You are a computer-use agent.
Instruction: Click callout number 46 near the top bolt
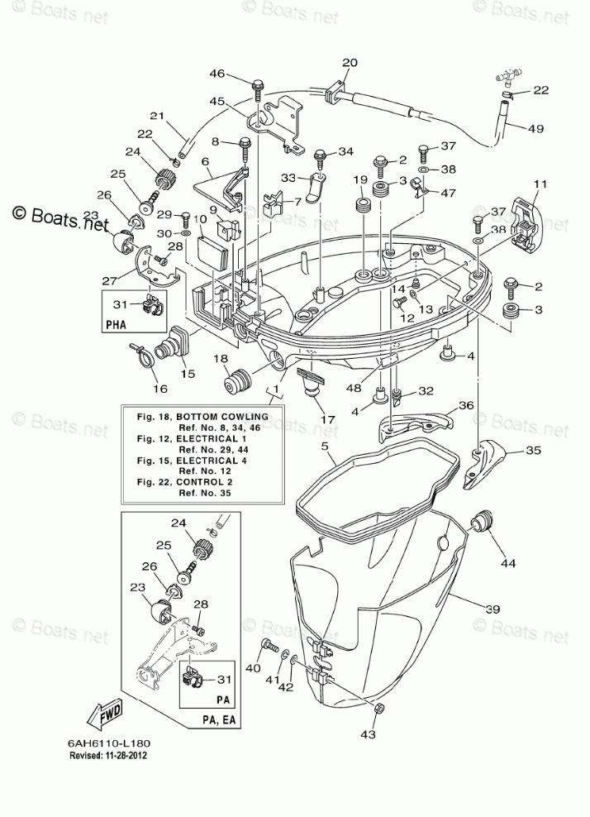pyautogui.click(x=217, y=74)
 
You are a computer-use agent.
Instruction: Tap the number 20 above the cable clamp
pyautogui.click(x=350, y=63)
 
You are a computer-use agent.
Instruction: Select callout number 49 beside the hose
pyautogui.click(x=535, y=127)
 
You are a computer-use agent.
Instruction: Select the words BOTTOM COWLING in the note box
pyautogui.click(x=222, y=417)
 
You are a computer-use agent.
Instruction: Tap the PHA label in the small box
pyautogui.click(x=116, y=325)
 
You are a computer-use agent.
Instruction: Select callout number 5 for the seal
pyautogui.click(x=325, y=446)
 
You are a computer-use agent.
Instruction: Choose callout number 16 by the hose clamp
pyautogui.click(x=159, y=388)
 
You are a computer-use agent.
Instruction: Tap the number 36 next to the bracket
pyautogui.click(x=466, y=405)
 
